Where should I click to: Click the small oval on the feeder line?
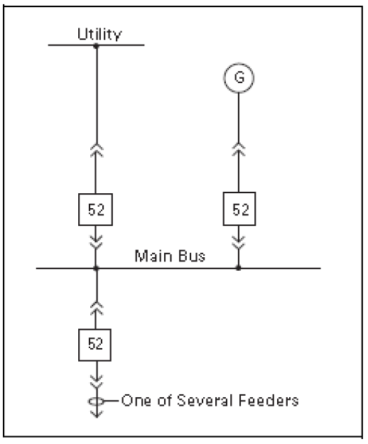(x=96, y=401)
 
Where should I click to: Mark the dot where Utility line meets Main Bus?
(x=96, y=268)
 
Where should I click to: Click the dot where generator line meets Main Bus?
(x=238, y=268)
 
